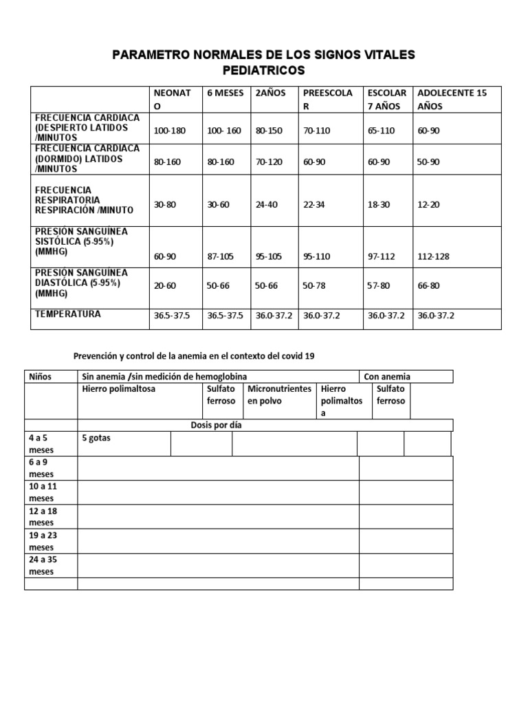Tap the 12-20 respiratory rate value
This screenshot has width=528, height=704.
429,205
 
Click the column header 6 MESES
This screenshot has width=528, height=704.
225,93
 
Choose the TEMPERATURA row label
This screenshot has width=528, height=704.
68,314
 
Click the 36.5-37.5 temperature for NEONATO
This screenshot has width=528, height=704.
172,316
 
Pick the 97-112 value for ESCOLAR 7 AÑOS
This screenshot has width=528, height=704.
382,256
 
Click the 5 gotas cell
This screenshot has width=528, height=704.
96,437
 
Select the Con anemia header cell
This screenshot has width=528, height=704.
387,376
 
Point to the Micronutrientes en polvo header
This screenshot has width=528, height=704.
279,395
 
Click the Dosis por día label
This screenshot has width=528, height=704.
216,425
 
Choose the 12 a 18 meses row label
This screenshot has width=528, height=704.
43,517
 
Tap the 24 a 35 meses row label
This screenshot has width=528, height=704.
43,565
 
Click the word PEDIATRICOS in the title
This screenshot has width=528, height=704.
264,71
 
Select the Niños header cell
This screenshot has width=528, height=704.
41,376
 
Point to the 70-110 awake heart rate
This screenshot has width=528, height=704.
317,130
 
